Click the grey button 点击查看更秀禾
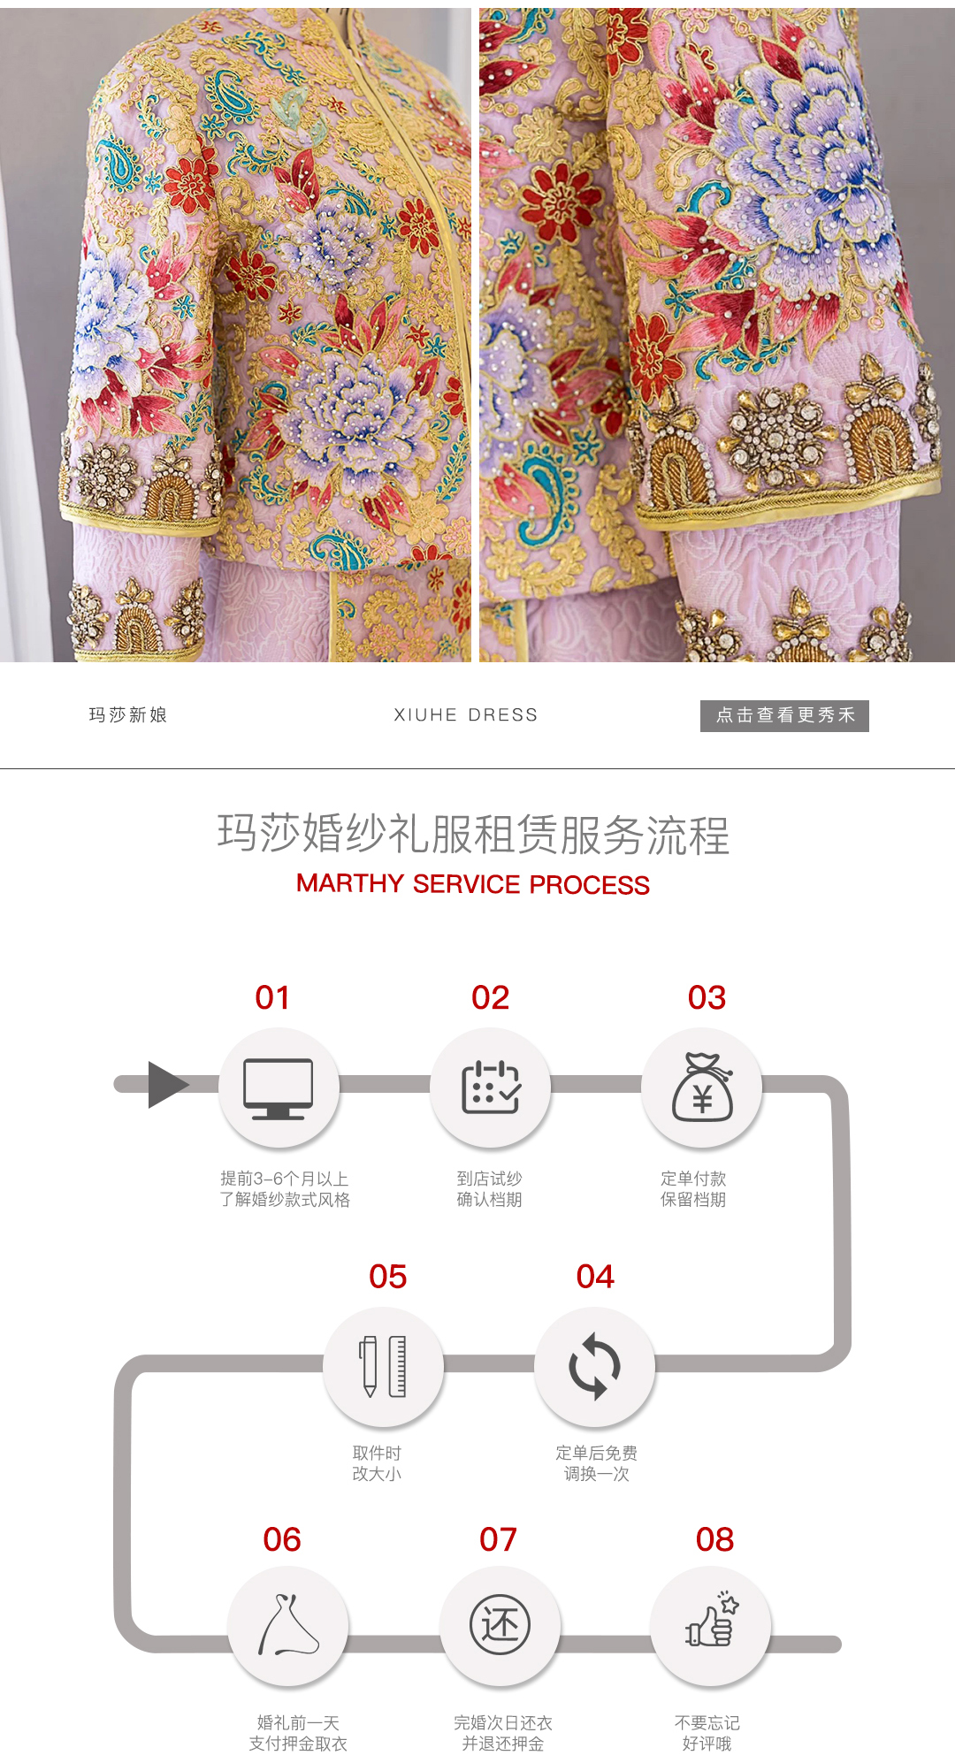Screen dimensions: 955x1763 tap(784, 715)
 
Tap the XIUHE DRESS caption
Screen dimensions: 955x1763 tap(466, 715)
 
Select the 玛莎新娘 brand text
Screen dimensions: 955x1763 tap(128, 715)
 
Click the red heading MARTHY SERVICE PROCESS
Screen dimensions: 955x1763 tap(473, 884)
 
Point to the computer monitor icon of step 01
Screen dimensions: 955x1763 tap(279, 1088)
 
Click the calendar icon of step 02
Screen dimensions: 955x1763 tap(491, 1087)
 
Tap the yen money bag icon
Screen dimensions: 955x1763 tap(703, 1088)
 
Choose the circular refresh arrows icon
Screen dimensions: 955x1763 tap(595, 1366)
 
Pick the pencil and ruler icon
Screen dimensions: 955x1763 tap(383, 1366)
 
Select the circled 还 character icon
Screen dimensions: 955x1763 tap(500, 1625)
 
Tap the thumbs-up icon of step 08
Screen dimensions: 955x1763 tap(713, 1620)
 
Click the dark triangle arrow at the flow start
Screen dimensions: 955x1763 tap(168, 1085)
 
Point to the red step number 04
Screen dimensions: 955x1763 tap(595, 1277)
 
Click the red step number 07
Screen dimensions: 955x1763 tap(498, 1540)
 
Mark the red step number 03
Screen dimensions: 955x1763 tap(707, 998)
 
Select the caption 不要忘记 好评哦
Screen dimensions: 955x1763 tap(707, 1733)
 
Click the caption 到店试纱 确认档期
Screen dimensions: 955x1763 tap(490, 1189)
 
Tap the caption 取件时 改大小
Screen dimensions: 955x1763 tap(378, 1463)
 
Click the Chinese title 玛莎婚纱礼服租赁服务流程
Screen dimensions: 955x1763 tap(474, 835)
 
